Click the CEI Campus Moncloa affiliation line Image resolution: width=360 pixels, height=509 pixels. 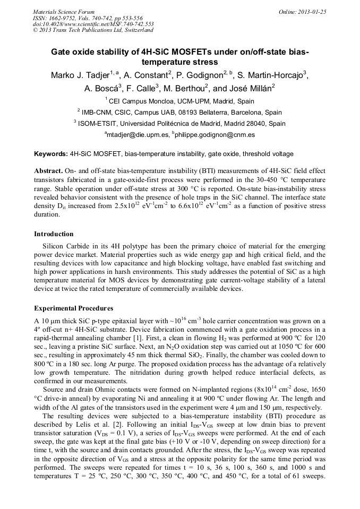pos(179,101)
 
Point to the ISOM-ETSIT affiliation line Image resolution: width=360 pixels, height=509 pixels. pos(179,124)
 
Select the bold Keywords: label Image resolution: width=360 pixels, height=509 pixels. pos(51,154)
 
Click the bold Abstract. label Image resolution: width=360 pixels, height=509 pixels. pos(48,172)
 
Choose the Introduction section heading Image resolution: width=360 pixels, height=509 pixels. pos(54,234)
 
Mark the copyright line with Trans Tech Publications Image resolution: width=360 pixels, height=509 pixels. pos(93,30)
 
